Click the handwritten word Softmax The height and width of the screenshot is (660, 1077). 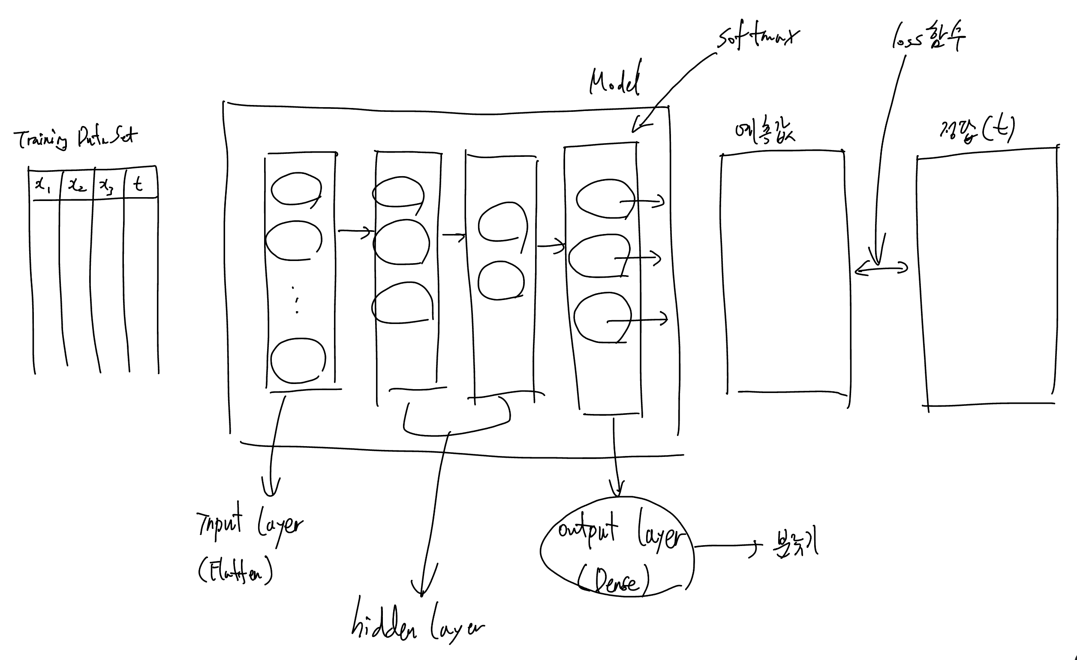758,39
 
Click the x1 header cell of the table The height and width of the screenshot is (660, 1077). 43,186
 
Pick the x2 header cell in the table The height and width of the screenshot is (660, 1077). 77,186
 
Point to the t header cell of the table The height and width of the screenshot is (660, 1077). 138,184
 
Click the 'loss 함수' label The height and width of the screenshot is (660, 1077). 928,39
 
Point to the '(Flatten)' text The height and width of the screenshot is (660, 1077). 235,570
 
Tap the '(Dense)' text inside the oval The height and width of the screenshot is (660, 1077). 614,581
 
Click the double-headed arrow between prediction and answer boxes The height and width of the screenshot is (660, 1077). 881,268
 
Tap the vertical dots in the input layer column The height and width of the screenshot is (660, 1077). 296,300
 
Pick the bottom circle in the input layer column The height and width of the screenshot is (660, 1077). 298,360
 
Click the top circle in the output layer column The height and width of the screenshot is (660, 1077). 604,199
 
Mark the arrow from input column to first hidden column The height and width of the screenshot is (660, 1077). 355,231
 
